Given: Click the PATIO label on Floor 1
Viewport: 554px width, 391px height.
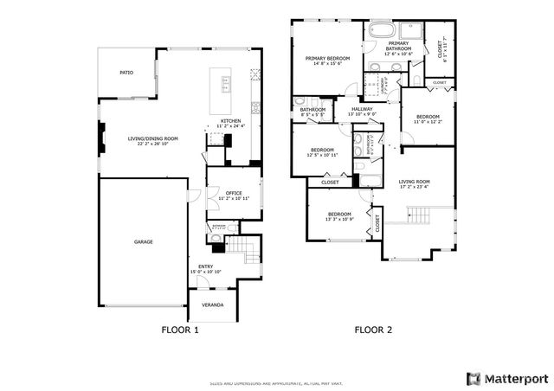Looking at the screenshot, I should coord(126,73).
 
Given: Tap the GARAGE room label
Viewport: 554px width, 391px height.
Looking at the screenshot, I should coord(143,241).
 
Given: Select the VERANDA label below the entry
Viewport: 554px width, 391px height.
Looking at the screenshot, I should coord(212,305).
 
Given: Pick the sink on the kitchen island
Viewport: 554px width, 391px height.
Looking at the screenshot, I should coord(226,84).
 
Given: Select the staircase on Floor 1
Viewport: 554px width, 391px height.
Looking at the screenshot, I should coord(248,250).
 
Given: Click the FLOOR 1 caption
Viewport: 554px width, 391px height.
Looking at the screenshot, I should coord(180,330).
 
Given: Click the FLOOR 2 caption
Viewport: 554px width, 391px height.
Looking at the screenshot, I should coord(374,330).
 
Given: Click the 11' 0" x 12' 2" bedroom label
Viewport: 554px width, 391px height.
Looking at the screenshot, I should coord(428,119).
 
